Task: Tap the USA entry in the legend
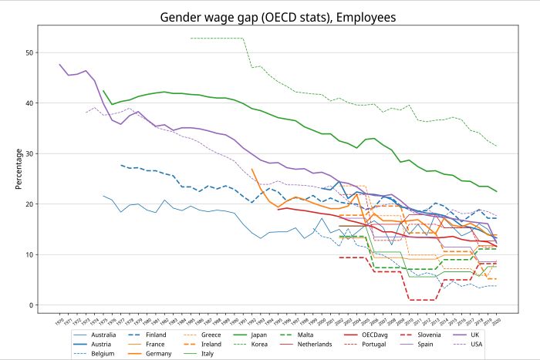pos(479,345)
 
